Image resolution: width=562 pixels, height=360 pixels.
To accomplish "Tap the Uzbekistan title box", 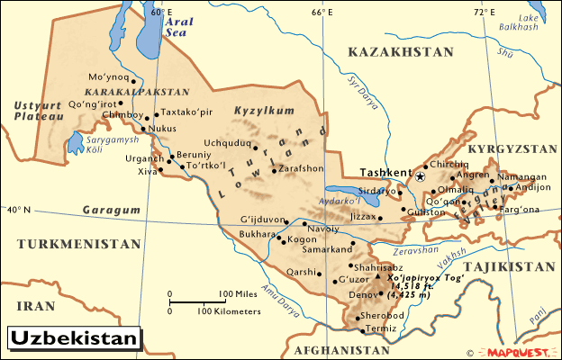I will [76, 339].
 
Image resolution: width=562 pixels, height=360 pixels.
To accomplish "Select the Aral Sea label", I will [177, 23].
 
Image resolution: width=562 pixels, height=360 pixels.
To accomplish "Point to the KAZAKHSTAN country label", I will [403, 53].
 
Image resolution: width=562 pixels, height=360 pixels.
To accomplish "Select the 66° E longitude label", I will [322, 13].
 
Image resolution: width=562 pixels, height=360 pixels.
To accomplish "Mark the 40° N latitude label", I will [18, 210].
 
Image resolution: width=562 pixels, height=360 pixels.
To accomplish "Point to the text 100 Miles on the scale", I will [238, 294].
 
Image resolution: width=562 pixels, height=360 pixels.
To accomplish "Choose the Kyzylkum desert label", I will [258, 110].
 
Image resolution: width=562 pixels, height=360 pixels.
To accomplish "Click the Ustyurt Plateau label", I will [39, 111].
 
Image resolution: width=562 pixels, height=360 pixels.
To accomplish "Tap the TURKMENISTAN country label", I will [79, 244].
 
